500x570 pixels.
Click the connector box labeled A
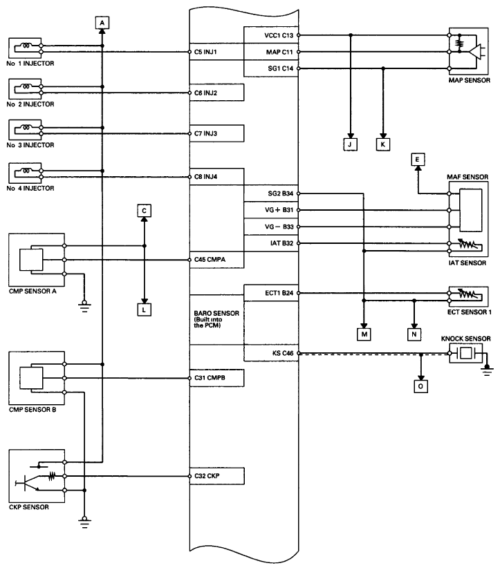pyautogui.click(x=102, y=23)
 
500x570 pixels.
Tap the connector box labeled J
pyautogui.click(x=350, y=144)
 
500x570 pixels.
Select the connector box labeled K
pyautogui.click(x=383, y=144)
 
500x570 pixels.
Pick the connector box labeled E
pyautogui.click(x=418, y=159)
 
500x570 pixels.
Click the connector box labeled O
pyautogui.click(x=420, y=386)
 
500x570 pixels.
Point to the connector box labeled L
pyautogui.click(x=144, y=310)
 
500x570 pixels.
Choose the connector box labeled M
pyautogui.click(x=364, y=334)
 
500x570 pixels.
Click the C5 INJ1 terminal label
pyautogui.click(x=205, y=52)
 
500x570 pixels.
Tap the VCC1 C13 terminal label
pyautogui.click(x=279, y=35)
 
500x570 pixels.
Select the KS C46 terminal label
pyautogui.click(x=283, y=353)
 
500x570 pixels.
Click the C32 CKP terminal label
pyautogui.click(x=207, y=476)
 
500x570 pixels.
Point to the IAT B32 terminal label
pyautogui.click(x=281, y=243)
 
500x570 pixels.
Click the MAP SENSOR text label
pyautogui.click(x=469, y=80)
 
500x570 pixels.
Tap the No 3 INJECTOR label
pyautogui.click(x=30, y=145)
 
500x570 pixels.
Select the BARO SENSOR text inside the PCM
pyautogui.click(x=216, y=313)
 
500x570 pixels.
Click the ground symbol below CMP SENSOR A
pyautogui.click(x=84, y=307)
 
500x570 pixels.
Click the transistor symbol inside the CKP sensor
pyautogui.click(x=26, y=483)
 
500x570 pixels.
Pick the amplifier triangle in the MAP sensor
pyautogui.click(x=475, y=52)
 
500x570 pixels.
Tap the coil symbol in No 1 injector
pyautogui.click(x=26, y=46)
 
